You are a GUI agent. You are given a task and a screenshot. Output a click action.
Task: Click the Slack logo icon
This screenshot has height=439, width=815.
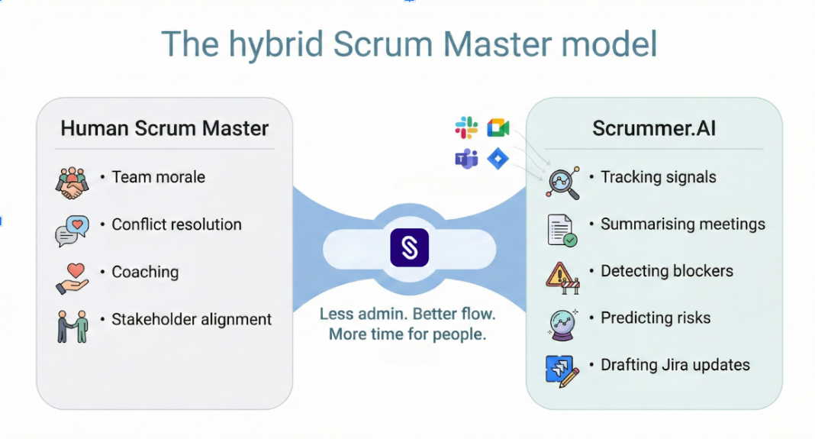466,128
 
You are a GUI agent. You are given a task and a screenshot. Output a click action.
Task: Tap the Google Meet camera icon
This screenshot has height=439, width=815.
498,128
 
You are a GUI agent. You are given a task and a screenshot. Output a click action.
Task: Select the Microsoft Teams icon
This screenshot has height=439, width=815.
466,160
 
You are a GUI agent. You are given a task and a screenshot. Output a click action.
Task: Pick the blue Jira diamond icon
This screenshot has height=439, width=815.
498,160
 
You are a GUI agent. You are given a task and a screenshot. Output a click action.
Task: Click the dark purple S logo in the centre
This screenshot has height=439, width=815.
409,247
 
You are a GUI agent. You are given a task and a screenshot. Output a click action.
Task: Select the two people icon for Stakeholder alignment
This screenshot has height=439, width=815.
72,325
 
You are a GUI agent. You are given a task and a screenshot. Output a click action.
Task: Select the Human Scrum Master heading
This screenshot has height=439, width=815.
165,128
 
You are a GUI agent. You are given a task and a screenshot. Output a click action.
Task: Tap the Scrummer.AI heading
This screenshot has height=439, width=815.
654,128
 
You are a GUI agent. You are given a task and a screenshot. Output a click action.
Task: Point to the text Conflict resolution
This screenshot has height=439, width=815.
176,224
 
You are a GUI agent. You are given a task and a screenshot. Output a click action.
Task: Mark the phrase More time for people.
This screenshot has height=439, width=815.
407,334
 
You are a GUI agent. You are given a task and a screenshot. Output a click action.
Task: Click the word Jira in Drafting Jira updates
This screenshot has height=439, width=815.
677,365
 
